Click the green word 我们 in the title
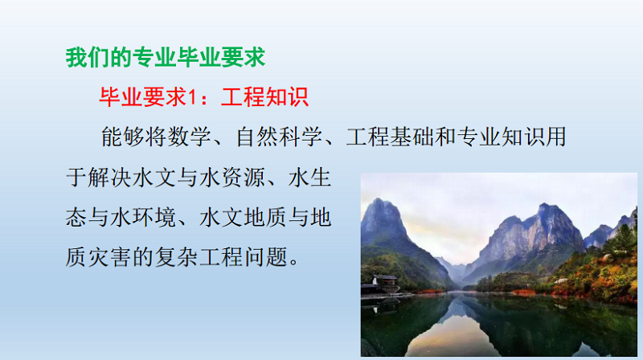click(x=88, y=57)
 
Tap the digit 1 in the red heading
click(x=192, y=97)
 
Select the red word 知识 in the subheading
click(x=287, y=97)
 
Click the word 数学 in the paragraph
click(x=190, y=137)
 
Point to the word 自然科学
click(x=279, y=137)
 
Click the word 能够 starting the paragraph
click(x=123, y=137)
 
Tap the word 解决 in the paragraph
click(x=110, y=178)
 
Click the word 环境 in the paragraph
click(x=154, y=217)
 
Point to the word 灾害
click(x=110, y=257)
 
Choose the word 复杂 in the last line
click(x=177, y=257)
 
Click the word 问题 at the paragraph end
click(x=266, y=257)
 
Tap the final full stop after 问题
click(x=294, y=263)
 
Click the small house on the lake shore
click(x=384, y=283)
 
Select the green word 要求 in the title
click(x=244, y=57)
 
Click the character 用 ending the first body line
click(x=556, y=137)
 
